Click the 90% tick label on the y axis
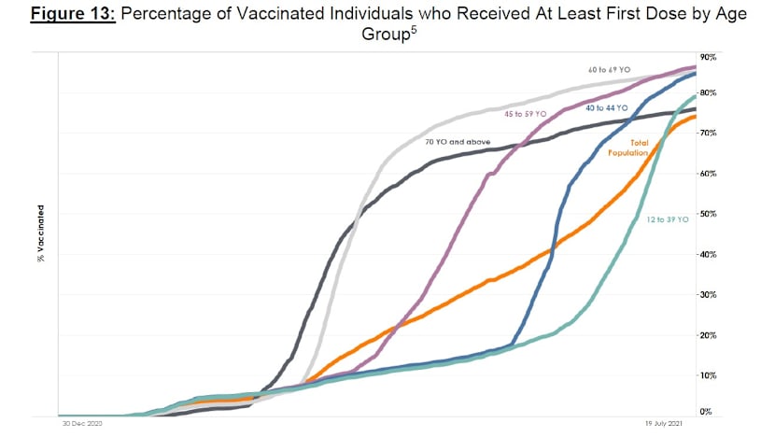pos(707,58)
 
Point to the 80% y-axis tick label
pos(707,93)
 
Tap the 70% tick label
pos(707,134)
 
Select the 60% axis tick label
pos(707,175)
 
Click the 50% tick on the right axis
pos(707,215)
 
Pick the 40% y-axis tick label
pos(707,255)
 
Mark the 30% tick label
pos(707,295)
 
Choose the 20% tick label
pos(707,335)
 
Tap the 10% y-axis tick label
pos(707,375)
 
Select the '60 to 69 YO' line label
pos(608,70)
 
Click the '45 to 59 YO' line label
pos(527,114)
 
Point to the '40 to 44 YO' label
pos(608,108)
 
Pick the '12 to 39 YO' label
pos(668,219)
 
